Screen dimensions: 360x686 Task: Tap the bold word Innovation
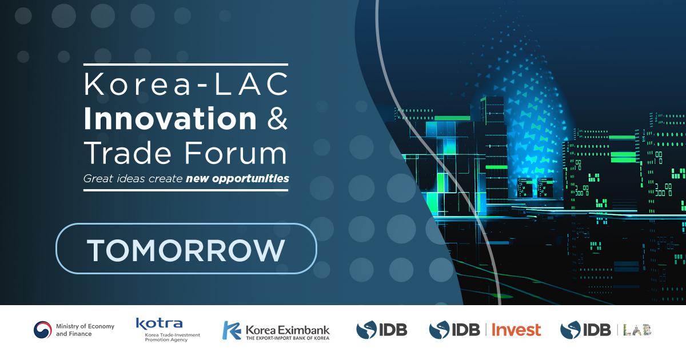[x=170, y=119]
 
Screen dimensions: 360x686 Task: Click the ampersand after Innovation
[x=277, y=119]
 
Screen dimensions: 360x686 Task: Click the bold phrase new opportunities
[x=237, y=179]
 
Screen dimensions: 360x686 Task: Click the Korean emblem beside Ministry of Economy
[x=42, y=330]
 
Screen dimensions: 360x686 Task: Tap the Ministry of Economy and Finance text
[x=85, y=330]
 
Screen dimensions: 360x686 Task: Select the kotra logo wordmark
[x=159, y=323]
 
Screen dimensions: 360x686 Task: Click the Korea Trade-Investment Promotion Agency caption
[x=168, y=337]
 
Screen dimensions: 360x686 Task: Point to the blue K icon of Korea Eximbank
[x=232, y=330]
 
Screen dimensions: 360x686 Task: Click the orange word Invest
[x=516, y=330]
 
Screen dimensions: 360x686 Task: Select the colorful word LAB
[x=637, y=330]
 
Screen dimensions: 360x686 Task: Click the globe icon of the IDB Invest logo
[x=440, y=330]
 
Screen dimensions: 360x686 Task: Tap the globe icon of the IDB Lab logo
[x=569, y=330]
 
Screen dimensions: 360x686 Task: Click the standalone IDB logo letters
[x=393, y=330]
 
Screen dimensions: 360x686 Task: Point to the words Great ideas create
[x=133, y=179]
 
